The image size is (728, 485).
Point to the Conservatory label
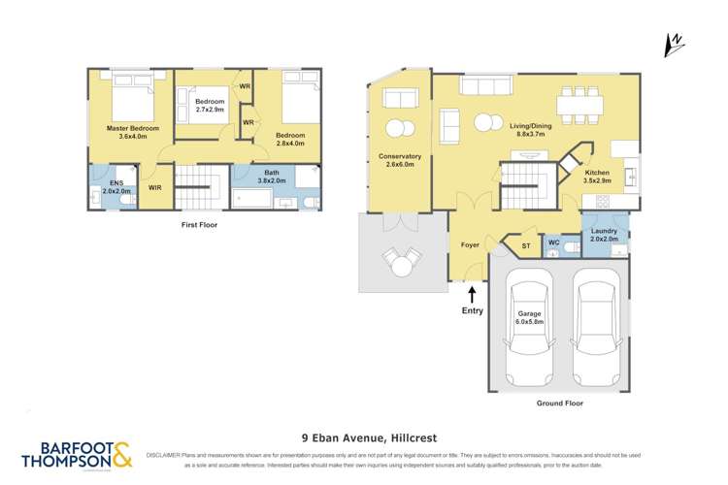coord(401,160)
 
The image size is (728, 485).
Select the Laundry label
coord(606,234)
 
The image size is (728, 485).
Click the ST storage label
coord(526,246)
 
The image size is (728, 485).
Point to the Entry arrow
coord(473,293)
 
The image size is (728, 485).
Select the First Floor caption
coord(201,225)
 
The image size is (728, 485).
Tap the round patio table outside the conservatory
coord(401,259)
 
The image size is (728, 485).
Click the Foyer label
coord(471,245)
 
